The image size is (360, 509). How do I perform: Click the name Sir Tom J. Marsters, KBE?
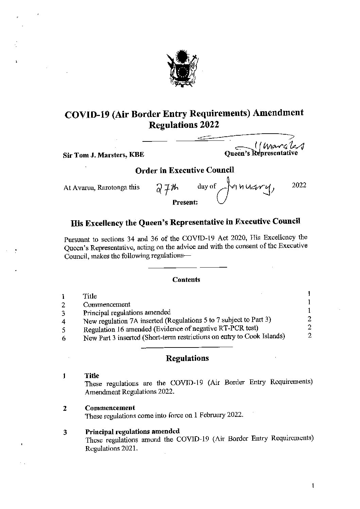[x=103, y=155]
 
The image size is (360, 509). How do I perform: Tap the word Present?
[x=185, y=202]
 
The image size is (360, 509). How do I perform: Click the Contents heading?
[x=186, y=279]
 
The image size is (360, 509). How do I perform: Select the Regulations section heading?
[x=187, y=358]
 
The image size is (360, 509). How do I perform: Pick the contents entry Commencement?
[x=106, y=304]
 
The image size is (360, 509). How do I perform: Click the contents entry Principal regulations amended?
[x=127, y=312]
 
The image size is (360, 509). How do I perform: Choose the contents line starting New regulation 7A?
[x=177, y=320]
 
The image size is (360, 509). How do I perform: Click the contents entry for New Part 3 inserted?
[x=184, y=337]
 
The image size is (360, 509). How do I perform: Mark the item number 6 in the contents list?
[x=64, y=339]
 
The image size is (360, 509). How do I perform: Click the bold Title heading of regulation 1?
[x=92, y=376]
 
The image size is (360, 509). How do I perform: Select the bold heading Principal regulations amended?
[x=132, y=431]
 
